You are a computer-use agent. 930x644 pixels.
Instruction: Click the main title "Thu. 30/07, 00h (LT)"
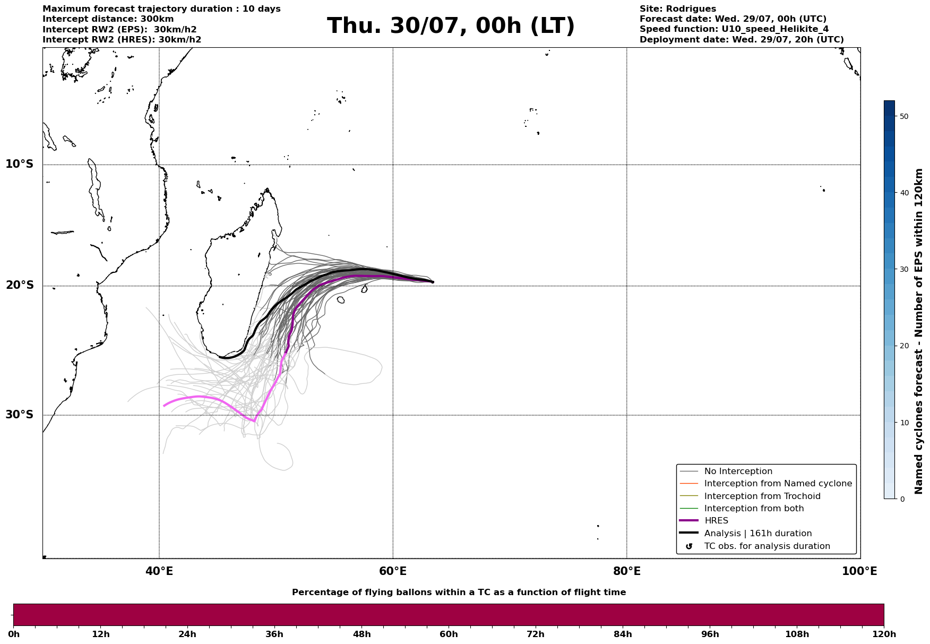[x=451, y=26]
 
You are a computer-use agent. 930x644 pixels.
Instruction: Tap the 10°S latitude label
[x=20, y=164]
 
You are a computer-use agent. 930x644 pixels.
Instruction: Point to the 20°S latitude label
[x=20, y=286]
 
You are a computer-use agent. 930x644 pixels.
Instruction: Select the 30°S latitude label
[x=20, y=415]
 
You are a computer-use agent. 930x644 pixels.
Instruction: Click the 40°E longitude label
[x=159, y=571]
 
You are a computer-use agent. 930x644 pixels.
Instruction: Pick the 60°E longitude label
[x=393, y=571]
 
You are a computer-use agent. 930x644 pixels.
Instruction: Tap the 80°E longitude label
[x=627, y=571]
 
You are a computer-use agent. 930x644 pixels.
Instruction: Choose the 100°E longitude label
[x=860, y=571]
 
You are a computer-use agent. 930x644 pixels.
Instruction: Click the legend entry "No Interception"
[x=738, y=471]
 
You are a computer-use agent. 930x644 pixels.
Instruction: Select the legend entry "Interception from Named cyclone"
[x=778, y=484]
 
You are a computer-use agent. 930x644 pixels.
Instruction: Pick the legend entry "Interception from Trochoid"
[x=762, y=496]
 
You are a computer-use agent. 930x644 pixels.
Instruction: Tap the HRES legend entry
[x=716, y=521]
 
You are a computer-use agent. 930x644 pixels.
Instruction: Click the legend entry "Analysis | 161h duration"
[x=758, y=534]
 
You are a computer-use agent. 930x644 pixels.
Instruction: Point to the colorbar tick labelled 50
[x=904, y=116]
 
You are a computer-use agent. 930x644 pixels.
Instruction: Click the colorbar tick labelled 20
[x=904, y=346]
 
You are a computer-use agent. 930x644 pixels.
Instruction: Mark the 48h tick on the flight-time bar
[x=362, y=634]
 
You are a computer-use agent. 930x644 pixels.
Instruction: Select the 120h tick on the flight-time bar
[x=884, y=634]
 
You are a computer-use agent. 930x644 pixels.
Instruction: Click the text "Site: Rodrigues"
[x=678, y=9]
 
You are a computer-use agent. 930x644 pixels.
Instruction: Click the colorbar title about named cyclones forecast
[x=919, y=331]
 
